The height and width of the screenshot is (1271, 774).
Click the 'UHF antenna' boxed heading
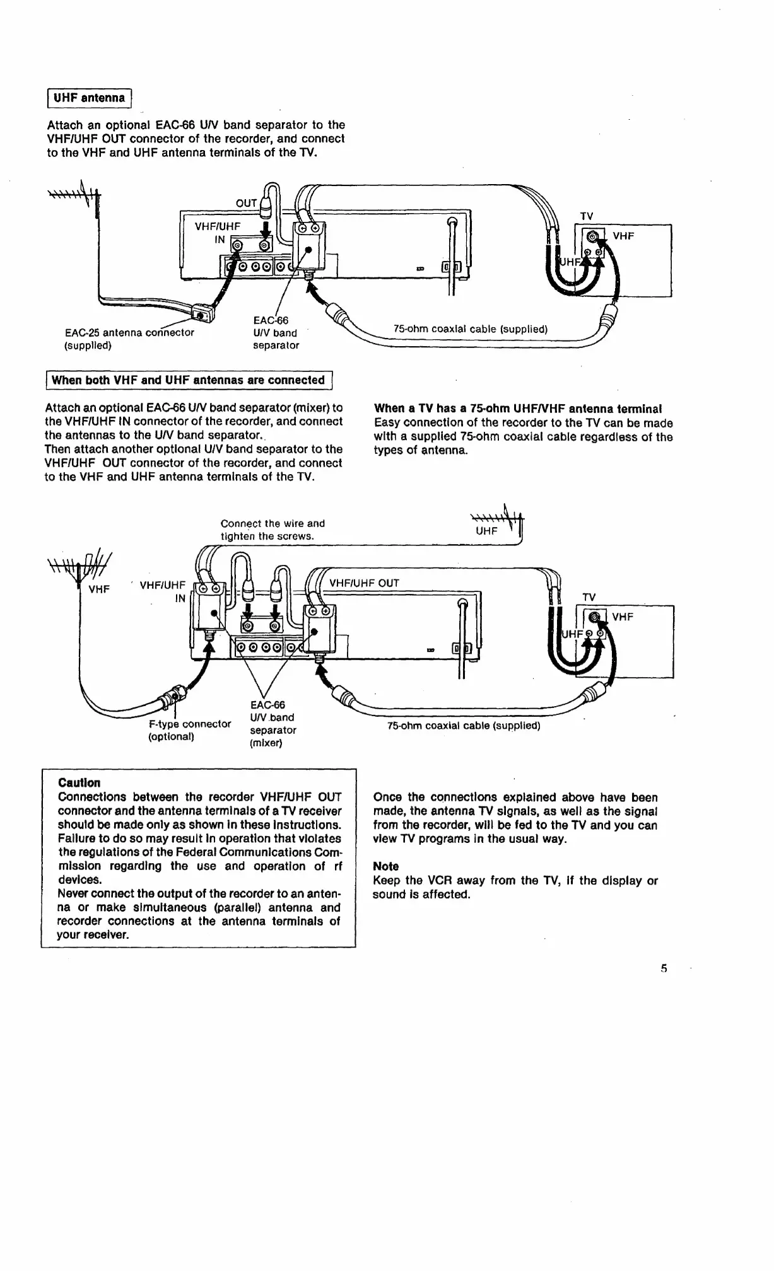tap(89, 98)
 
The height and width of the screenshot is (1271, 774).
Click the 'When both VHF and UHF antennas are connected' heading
tap(188, 380)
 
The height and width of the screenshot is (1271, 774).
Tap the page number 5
tap(664, 969)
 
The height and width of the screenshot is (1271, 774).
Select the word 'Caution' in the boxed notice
tap(79, 783)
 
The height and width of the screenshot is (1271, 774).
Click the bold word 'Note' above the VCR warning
tap(385, 866)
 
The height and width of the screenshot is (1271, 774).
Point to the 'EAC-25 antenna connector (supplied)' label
tap(129, 339)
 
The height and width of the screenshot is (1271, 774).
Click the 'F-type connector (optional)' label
tap(189, 730)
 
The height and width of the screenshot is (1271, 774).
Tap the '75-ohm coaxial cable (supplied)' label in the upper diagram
tap(470, 329)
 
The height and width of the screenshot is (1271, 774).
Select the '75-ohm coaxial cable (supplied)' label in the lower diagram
tap(464, 726)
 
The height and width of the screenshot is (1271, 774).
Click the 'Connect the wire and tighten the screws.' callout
tap(273, 530)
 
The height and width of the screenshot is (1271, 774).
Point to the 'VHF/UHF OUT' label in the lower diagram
tap(364, 583)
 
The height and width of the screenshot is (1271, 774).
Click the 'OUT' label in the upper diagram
tap(246, 203)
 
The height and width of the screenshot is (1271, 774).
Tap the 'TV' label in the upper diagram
tap(586, 216)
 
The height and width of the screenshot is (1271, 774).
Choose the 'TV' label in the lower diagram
tap(589, 597)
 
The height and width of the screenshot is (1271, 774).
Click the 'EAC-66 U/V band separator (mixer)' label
tap(273, 724)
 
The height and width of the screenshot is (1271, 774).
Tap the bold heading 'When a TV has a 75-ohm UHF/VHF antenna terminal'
tap(517, 409)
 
